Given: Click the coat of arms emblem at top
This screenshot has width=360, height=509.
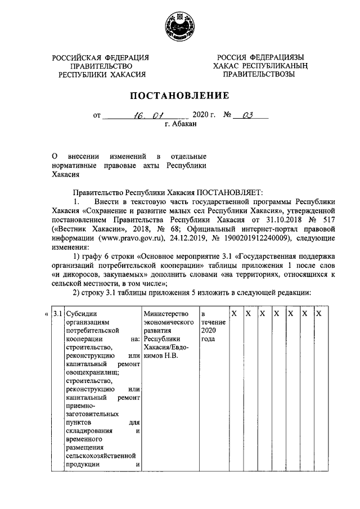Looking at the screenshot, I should click(x=179, y=25).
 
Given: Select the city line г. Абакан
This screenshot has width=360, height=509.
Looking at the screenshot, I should click(x=181, y=124).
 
